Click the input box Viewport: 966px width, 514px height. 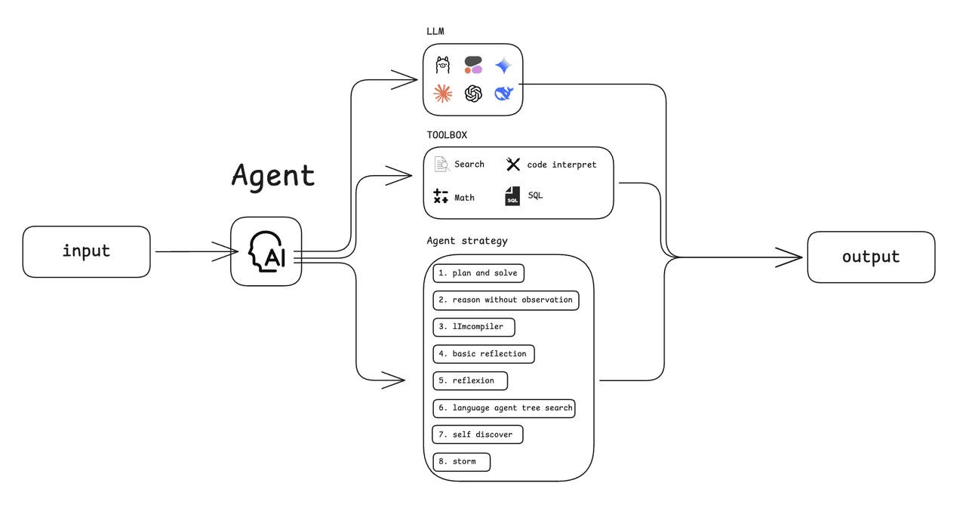click(86, 251)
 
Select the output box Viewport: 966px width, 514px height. click(871, 257)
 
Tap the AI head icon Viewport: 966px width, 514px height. click(266, 251)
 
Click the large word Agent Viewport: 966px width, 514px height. click(272, 175)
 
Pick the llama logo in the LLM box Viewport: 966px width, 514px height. click(443, 66)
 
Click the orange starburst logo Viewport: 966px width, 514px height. click(443, 93)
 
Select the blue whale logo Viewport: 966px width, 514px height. click(503, 93)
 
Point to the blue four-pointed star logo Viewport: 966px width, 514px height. click(503, 66)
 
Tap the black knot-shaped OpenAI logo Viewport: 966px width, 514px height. click(473, 93)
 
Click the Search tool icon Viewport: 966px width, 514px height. click(442, 164)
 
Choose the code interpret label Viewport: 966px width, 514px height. click(561, 165)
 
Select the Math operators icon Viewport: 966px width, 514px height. click(441, 197)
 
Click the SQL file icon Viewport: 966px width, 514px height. click(512, 196)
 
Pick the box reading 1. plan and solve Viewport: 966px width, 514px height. click(478, 273)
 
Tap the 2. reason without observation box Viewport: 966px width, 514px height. click(506, 300)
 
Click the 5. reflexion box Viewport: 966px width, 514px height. click(470, 380)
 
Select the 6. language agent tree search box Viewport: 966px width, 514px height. click(504, 408)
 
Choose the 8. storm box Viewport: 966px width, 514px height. click(461, 461)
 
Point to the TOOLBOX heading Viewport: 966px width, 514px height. click(447, 135)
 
